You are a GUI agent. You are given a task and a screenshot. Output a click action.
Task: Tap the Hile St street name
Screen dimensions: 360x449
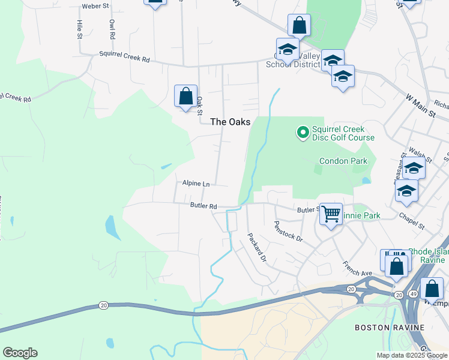click(x=79, y=29)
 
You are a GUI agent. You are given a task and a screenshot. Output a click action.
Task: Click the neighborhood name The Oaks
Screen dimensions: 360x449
click(x=229, y=122)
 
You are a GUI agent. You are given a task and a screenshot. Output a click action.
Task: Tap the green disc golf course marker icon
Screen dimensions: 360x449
click(x=303, y=131)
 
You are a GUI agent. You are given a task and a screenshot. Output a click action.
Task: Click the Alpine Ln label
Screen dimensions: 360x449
click(x=197, y=184)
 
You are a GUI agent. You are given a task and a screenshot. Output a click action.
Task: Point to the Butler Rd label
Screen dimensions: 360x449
click(x=203, y=206)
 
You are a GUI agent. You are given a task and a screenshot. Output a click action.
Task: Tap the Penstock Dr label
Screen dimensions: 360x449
click(x=288, y=230)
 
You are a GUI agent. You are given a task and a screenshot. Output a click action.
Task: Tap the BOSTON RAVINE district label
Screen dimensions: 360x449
click(x=390, y=328)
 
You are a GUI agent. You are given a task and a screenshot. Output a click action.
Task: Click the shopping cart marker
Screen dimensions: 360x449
click(x=331, y=214)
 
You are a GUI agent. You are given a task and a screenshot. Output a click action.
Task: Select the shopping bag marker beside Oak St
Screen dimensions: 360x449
click(x=185, y=96)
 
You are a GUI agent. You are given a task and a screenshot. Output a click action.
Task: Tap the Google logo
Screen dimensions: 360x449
click(x=20, y=353)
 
